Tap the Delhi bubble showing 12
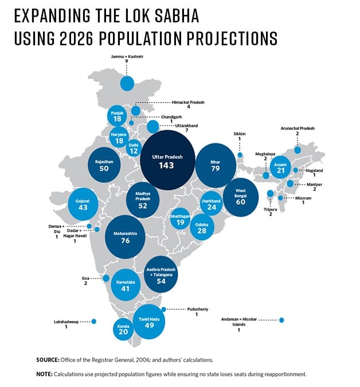click(134, 148)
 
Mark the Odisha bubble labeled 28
click(201, 228)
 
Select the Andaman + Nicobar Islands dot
click(281, 320)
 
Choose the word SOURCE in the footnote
click(49, 359)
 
